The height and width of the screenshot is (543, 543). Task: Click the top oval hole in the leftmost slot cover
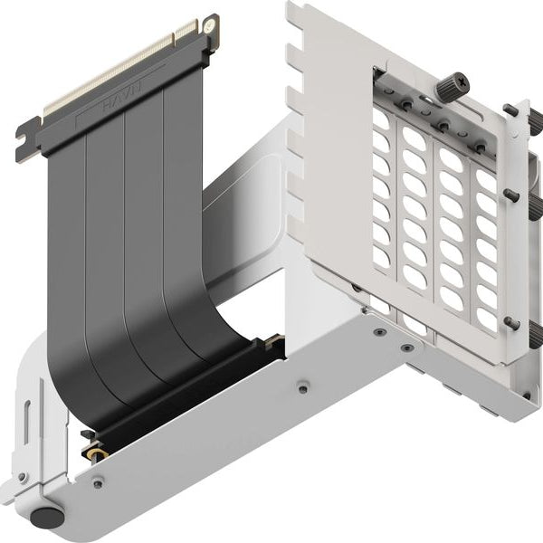(x=381, y=119)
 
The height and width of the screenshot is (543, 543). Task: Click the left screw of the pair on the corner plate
(x=378, y=332)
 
